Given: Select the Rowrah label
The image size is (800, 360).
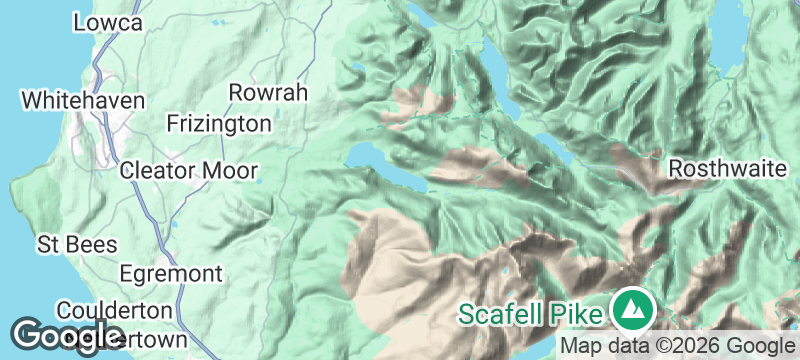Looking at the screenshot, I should coord(267,93).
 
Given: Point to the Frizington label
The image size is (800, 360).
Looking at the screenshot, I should coord(219,124).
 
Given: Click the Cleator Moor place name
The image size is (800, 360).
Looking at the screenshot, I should coord(188,171).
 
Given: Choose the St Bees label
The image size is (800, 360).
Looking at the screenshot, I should coord(77,245).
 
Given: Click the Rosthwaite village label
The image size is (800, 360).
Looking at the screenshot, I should coord(727,168).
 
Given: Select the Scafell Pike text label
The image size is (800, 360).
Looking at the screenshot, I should coord(531,313).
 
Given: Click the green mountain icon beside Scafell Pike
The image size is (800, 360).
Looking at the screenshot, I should coord(631,309).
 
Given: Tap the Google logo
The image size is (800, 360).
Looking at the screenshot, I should coord(67,335).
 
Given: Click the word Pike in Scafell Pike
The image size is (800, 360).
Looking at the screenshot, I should coord(578,313).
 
